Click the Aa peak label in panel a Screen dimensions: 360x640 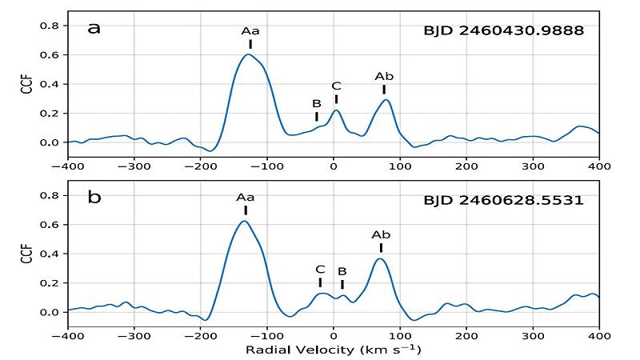[250, 31]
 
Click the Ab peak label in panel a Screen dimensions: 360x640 [384, 76]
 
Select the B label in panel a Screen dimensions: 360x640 [317, 103]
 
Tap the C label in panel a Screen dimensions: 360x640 [336, 86]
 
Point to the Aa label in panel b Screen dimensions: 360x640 [245, 197]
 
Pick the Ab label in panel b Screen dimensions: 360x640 [381, 234]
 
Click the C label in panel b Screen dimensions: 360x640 [320, 270]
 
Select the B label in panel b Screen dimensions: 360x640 [342, 271]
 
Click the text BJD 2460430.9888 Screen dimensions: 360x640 [504, 31]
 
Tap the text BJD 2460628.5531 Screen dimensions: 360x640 [504, 199]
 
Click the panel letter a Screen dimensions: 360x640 [94, 29]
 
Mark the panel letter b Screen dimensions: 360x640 [94, 197]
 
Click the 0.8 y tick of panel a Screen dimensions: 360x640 [50, 26]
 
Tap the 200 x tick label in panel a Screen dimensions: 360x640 [466, 166]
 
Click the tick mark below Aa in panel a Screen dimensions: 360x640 [250, 44]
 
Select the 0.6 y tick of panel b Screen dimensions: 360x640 [50, 225]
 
